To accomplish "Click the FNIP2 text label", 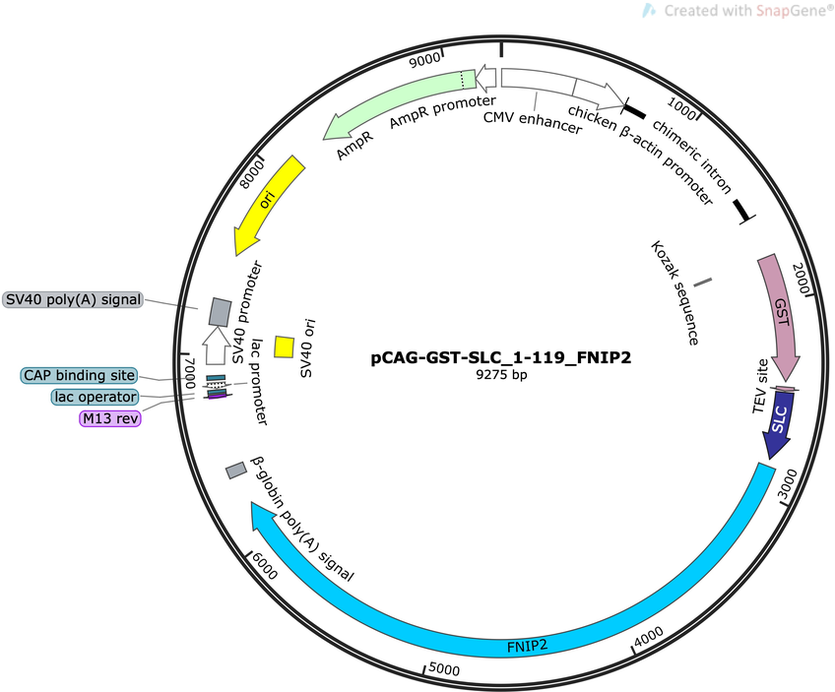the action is [527, 646].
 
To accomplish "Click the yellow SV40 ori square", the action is [284, 347].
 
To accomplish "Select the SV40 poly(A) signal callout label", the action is [73, 299].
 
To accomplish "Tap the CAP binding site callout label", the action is [79, 375].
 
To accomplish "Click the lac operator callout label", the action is [95, 397].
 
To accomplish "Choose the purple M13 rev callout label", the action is [110, 418].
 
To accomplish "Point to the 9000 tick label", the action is [425, 60].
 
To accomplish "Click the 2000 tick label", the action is [802, 279].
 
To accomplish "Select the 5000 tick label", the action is [444, 668].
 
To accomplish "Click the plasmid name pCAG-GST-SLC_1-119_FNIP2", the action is [501, 357].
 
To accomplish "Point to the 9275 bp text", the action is [501, 375].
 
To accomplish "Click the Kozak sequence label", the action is [674, 292].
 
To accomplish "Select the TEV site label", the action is [760, 386].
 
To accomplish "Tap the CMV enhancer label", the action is [533, 122].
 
